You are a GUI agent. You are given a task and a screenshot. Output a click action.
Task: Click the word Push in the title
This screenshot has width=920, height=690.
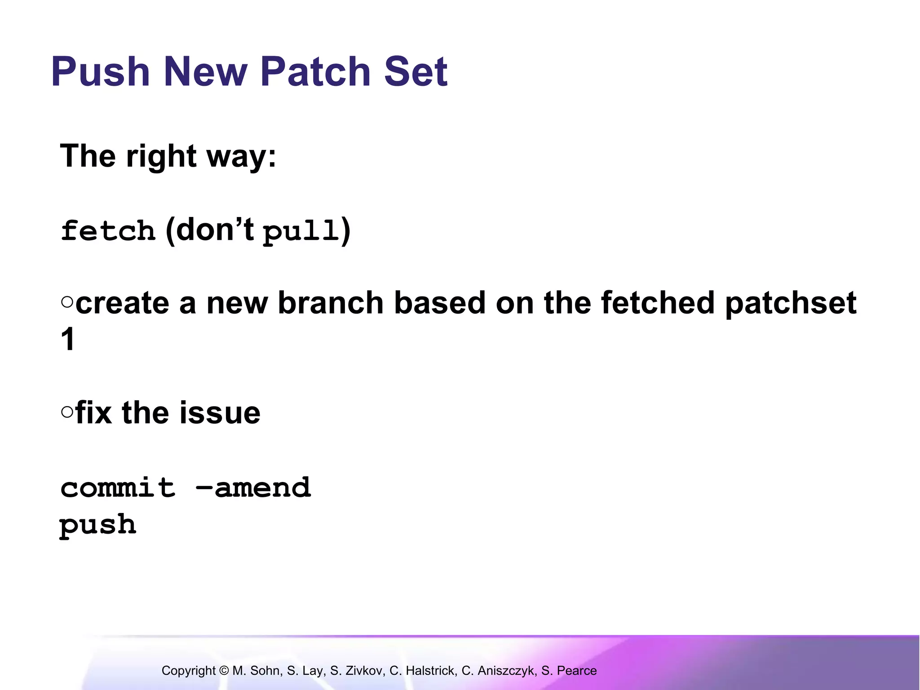100,72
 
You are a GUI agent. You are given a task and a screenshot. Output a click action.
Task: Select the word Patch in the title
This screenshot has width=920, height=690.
315,72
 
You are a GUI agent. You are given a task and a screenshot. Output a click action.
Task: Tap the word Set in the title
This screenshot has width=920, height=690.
416,72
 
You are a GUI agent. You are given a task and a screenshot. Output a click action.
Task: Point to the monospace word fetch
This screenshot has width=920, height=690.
108,231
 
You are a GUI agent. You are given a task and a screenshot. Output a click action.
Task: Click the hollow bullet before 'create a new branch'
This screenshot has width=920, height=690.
67,302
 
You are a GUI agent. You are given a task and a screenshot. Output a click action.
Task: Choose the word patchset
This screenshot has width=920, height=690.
791,304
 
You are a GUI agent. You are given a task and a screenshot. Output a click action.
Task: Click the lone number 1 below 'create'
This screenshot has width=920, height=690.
68,340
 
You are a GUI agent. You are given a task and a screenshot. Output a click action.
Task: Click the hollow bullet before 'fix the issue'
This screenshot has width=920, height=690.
67,412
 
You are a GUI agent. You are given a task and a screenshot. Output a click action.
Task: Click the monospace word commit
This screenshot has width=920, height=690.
118,488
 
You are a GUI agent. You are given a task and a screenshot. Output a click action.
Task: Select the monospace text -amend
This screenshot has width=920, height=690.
253,488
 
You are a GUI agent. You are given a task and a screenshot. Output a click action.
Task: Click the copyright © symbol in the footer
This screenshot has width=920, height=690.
224,671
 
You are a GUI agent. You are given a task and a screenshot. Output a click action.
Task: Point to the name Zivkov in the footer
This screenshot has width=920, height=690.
364,671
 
